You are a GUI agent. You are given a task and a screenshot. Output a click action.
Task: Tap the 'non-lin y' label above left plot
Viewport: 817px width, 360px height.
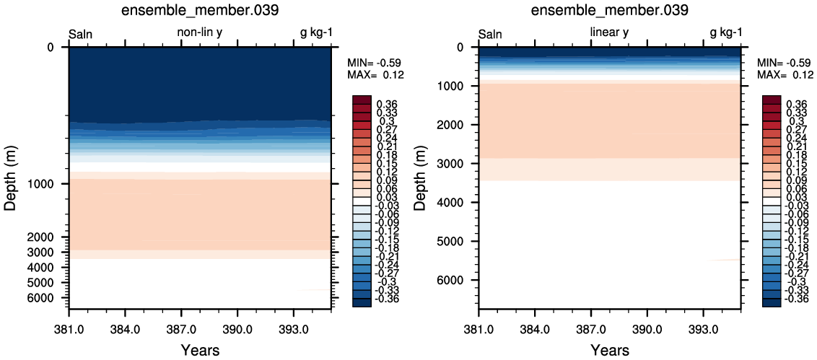[x=201, y=32]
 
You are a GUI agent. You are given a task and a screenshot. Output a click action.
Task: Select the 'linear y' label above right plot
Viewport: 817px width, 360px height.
[x=609, y=32]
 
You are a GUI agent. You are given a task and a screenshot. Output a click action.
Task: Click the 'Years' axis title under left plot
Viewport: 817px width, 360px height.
[x=201, y=350]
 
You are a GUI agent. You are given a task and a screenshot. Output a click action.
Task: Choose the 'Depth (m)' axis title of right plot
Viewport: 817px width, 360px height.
[x=422, y=177]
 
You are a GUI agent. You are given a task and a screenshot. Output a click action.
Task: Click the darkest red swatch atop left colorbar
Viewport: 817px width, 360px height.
[x=362, y=100]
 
